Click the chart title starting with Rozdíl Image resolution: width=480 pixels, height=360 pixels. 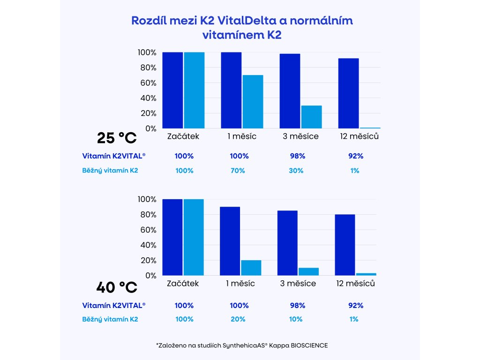[x=242, y=28]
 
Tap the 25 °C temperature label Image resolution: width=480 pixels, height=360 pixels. [x=117, y=138]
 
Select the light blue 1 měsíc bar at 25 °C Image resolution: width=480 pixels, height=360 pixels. [x=253, y=101]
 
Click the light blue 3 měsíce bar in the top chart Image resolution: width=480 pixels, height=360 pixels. [x=311, y=117]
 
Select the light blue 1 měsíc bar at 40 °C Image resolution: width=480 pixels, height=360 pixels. [x=251, y=268]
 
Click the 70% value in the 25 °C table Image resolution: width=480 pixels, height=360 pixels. [x=238, y=171]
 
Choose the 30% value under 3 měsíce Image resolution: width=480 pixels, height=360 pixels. [x=296, y=171]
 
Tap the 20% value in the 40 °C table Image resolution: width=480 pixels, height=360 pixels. [x=238, y=319]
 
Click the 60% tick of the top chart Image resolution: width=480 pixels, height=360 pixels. [x=147, y=83]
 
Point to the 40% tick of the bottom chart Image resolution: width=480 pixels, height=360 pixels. [x=147, y=245]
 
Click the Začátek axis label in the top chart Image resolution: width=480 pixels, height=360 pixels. [x=183, y=136]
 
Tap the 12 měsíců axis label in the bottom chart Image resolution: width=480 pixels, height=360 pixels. [x=356, y=284]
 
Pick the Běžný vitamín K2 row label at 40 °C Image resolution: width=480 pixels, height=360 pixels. [x=110, y=319]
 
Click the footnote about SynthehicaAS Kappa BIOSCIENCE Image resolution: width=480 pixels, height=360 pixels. [x=242, y=345]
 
